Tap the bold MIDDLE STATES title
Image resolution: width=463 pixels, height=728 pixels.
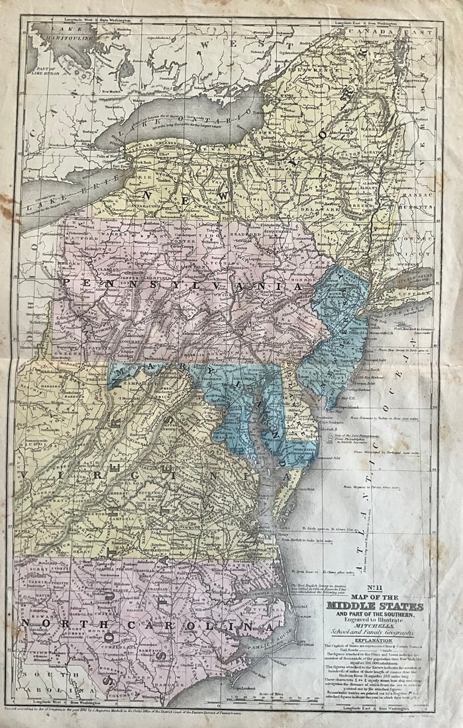[x=374, y=606]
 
